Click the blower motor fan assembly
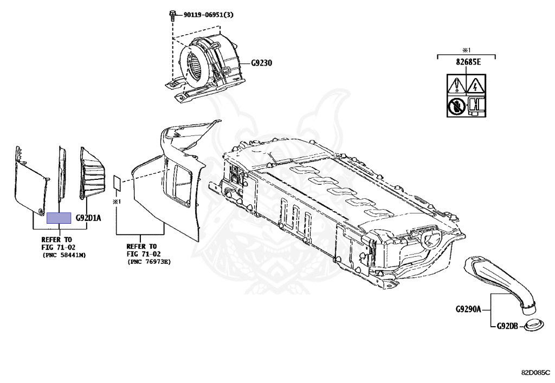tap(209, 64)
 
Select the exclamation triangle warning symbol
tap(455, 85)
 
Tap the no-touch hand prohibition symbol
tap(455, 106)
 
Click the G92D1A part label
tap(88, 218)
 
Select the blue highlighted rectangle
tap(59, 218)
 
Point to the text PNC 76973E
tap(149, 261)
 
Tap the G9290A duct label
tap(468, 310)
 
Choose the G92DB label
tap(507, 326)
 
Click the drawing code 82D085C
tap(535, 373)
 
